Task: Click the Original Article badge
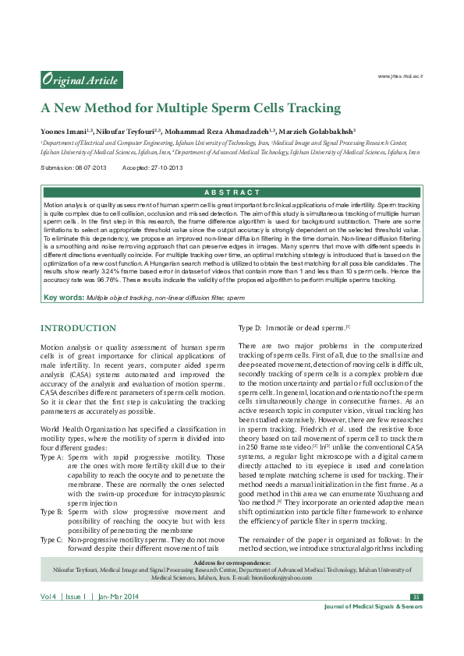pos(81,79)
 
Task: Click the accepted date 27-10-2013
pos(165,168)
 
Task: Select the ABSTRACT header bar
pos(232,192)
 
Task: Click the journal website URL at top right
pos(400,76)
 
